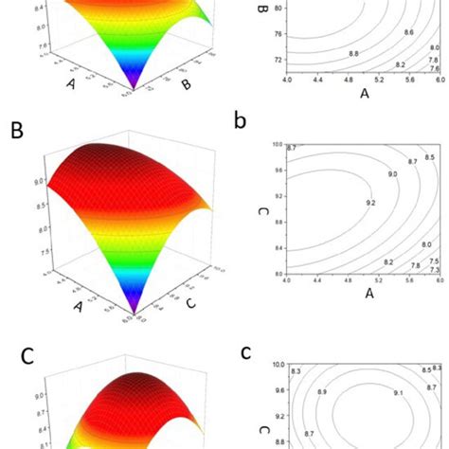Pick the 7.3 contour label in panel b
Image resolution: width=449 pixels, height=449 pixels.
pos(434,271)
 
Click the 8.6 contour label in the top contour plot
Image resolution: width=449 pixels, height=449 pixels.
pos(408,32)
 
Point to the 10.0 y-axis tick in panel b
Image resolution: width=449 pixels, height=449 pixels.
pos(277,144)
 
